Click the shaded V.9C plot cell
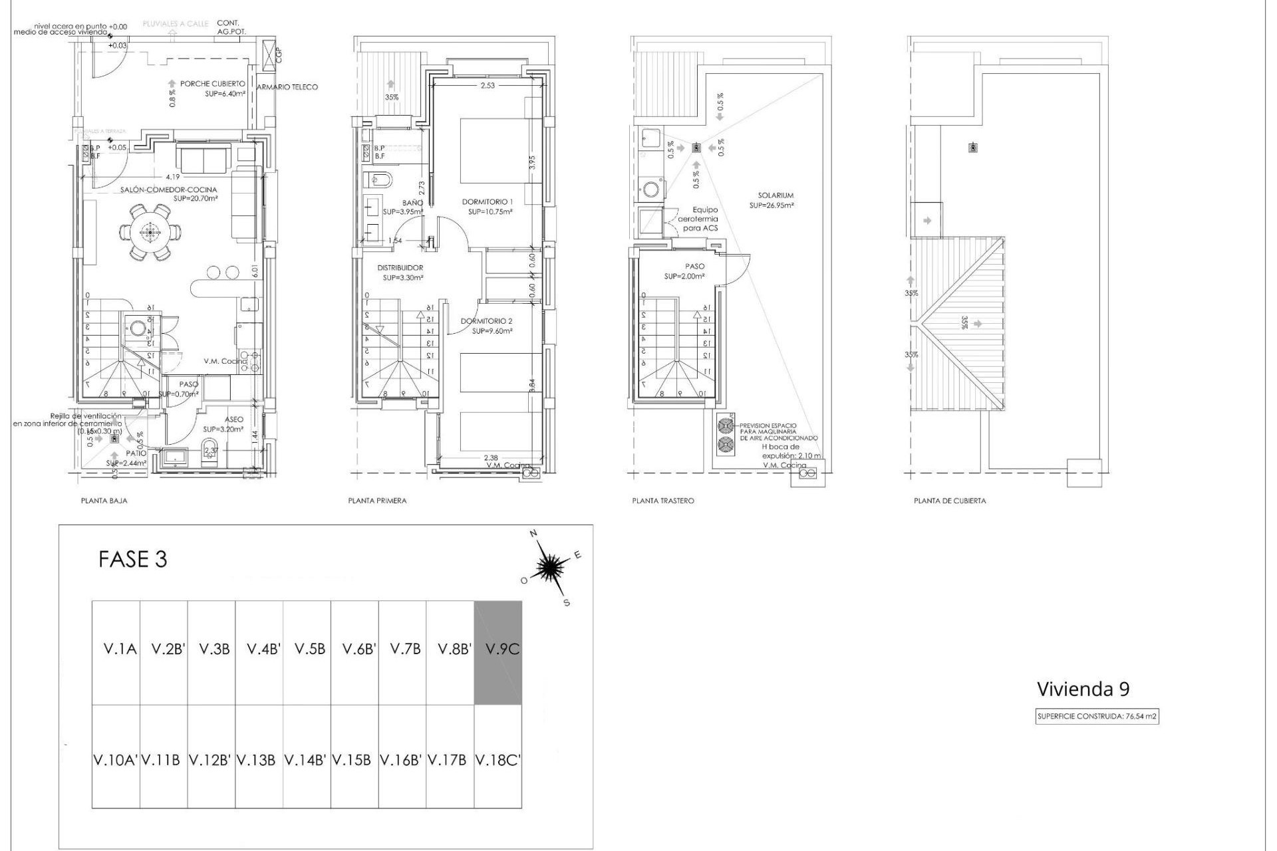click(497, 652)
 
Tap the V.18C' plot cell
click(497, 758)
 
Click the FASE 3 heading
click(132, 559)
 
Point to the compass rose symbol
click(549, 567)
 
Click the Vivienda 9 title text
click(1083, 689)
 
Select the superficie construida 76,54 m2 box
click(1097, 717)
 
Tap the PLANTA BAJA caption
click(104, 501)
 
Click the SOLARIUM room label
click(776, 195)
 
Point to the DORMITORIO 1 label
click(488, 201)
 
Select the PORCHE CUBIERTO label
click(212, 84)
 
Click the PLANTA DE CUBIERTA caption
click(949, 501)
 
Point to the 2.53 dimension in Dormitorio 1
click(488, 85)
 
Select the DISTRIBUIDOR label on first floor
click(400, 268)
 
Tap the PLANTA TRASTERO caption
click(662, 501)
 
